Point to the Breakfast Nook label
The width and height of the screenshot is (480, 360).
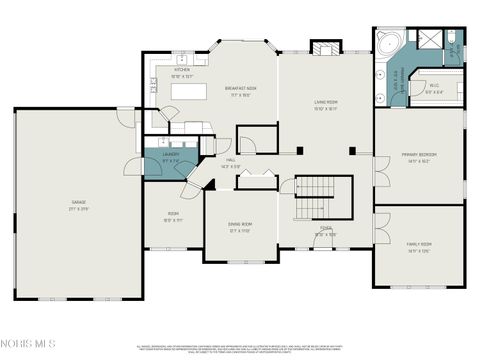coord(242,90)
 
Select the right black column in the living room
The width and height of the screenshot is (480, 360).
coord(351,150)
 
